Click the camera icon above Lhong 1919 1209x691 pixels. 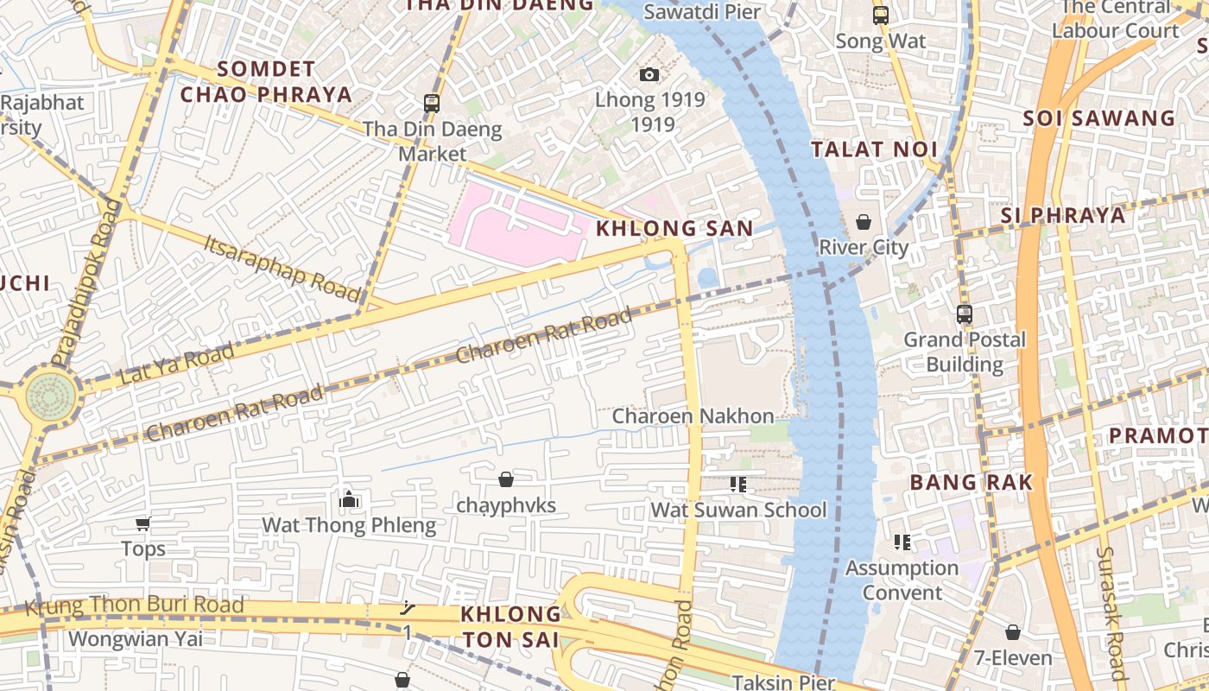pos(649,75)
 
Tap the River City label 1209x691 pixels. pos(864,248)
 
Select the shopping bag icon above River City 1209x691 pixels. pos(863,223)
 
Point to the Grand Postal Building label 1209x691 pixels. pos(964,352)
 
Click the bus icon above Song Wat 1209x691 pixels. pos(880,16)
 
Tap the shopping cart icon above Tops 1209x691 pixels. pos(143,523)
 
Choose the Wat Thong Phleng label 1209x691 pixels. pos(349,525)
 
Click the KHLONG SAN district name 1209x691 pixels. pos(674,229)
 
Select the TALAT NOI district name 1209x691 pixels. pos(874,149)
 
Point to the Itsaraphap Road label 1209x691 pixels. pos(282,267)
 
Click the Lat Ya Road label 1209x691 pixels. pos(177,365)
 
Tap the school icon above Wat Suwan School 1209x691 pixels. pos(737,485)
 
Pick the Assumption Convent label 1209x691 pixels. pos(902,580)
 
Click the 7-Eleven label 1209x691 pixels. pos(1013,658)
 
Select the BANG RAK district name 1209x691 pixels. pos(972,483)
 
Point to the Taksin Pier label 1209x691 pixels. pos(783,682)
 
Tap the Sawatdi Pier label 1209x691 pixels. pos(702,12)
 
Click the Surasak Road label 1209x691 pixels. pos(1111,613)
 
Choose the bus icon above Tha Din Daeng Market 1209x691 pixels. pos(432,104)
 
